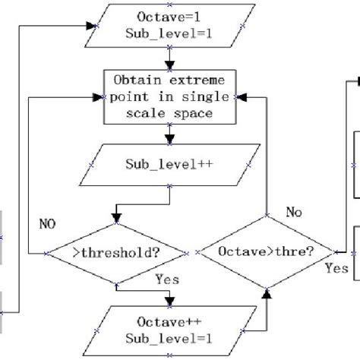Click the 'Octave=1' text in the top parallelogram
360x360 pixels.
(172, 17)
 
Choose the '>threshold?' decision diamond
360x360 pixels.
(115, 251)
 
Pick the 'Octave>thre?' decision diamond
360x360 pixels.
(267, 251)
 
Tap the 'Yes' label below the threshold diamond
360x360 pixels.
(167, 279)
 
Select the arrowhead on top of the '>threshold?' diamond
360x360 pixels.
(116, 219)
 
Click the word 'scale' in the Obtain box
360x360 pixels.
(149, 113)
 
